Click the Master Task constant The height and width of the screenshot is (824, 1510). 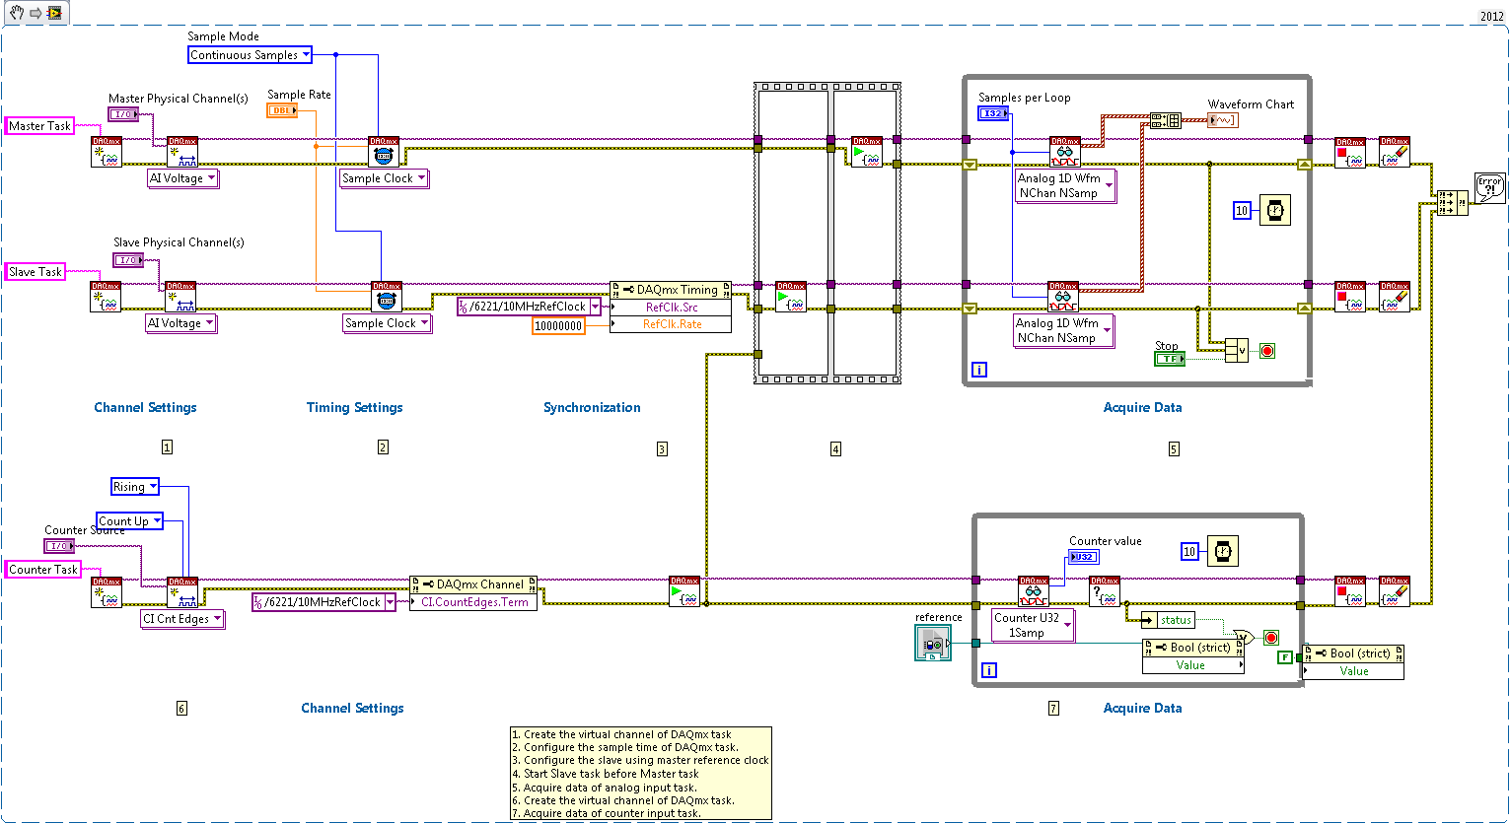point(39,126)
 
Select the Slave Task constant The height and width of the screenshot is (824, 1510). point(36,272)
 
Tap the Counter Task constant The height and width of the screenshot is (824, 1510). point(42,570)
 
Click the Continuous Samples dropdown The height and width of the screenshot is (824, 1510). point(250,55)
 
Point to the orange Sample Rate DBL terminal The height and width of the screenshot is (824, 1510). point(282,110)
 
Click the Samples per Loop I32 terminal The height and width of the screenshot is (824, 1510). point(993,114)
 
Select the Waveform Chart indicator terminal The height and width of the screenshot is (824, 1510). point(1223,120)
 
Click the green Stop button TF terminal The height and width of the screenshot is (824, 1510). point(1169,359)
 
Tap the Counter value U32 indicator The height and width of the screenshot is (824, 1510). point(1084,557)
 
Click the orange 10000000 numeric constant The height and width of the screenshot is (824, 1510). point(558,325)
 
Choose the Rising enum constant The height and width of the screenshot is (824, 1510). point(135,487)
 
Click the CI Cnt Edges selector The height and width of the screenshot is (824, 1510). point(182,619)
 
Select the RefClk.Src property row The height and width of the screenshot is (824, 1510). point(671,308)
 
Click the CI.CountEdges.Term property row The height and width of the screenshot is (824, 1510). point(474,602)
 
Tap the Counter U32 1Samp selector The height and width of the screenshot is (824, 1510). point(1033,625)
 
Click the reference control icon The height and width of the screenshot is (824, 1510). point(932,644)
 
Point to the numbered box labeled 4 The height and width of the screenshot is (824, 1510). point(835,449)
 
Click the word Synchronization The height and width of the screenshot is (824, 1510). point(592,408)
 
